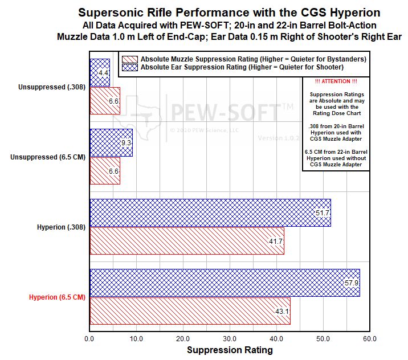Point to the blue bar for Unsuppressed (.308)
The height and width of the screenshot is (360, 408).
[98, 72]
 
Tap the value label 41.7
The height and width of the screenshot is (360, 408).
[276, 242]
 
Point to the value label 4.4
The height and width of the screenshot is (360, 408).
[104, 73]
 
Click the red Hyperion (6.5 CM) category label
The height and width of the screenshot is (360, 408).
[57, 297]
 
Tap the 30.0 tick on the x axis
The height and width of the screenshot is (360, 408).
[230, 338]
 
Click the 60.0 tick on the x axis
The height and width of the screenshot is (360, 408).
[370, 338]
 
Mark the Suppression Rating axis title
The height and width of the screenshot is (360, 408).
[230, 350]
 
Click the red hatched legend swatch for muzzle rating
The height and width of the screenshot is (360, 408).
[130, 59]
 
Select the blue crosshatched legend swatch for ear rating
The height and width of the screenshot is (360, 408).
[130, 67]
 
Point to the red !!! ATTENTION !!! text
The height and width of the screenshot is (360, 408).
[336, 82]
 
